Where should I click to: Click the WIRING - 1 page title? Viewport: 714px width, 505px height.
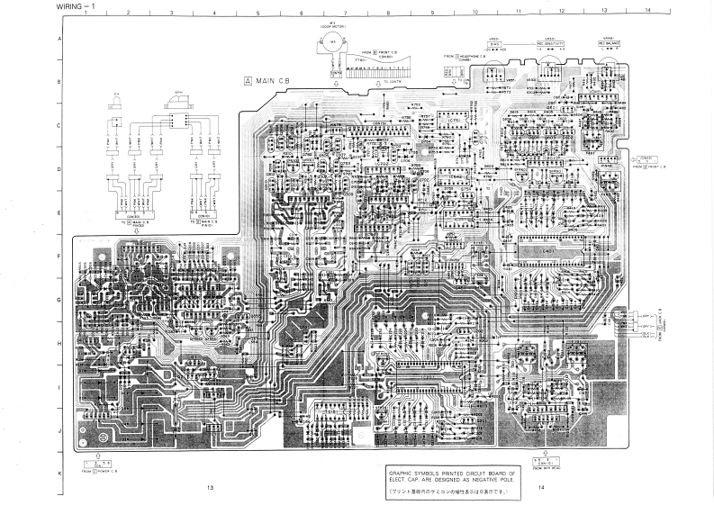coord(74,6)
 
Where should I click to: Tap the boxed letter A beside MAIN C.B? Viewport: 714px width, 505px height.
coord(248,81)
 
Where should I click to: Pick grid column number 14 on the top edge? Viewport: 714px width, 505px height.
coord(646,10)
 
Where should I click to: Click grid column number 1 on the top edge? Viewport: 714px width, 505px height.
coord(85,13)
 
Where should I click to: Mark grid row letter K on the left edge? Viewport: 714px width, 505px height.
coord(59,473)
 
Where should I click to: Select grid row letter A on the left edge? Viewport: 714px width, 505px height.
coord(59,40)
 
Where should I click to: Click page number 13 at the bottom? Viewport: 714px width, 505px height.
coord(209,487)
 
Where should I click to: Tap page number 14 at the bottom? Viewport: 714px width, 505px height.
coord(541,487)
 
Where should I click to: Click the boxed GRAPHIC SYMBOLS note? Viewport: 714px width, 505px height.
coord(452,476)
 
